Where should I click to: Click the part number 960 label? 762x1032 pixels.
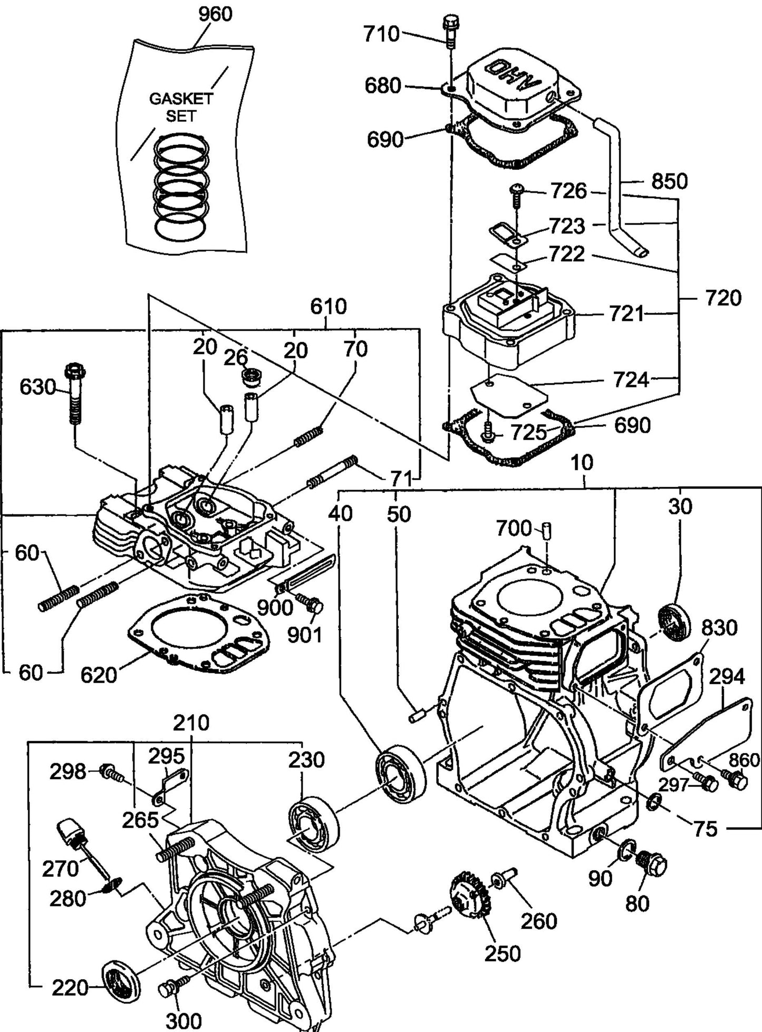215,14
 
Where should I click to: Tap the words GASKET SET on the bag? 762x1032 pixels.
181,107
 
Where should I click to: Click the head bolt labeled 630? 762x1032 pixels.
75,393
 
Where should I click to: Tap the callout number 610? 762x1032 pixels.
328,306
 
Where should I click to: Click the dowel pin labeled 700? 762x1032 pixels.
547,528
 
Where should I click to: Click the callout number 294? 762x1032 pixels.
727,676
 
